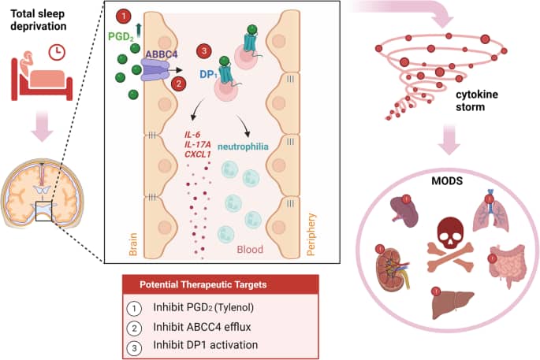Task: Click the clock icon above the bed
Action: coord(57,52)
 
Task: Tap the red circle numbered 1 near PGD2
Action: coord(124,16)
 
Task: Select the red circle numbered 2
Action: coord(179,84)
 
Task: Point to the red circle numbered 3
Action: coord(204,51)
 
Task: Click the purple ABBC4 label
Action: coord(161,54)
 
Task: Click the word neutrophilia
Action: coord(243,147)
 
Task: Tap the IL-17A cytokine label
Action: coord(198,144)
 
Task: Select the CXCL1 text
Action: coord(198,154)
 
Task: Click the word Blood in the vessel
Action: coord(250,249)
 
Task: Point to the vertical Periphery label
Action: coord(311,235)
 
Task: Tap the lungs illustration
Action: coord(491,210)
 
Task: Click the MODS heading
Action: coord(447,180)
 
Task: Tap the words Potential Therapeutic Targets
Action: coord(203,284)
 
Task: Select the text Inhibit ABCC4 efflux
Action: coord(202,327)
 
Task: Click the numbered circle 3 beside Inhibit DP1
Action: coord(134,347)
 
